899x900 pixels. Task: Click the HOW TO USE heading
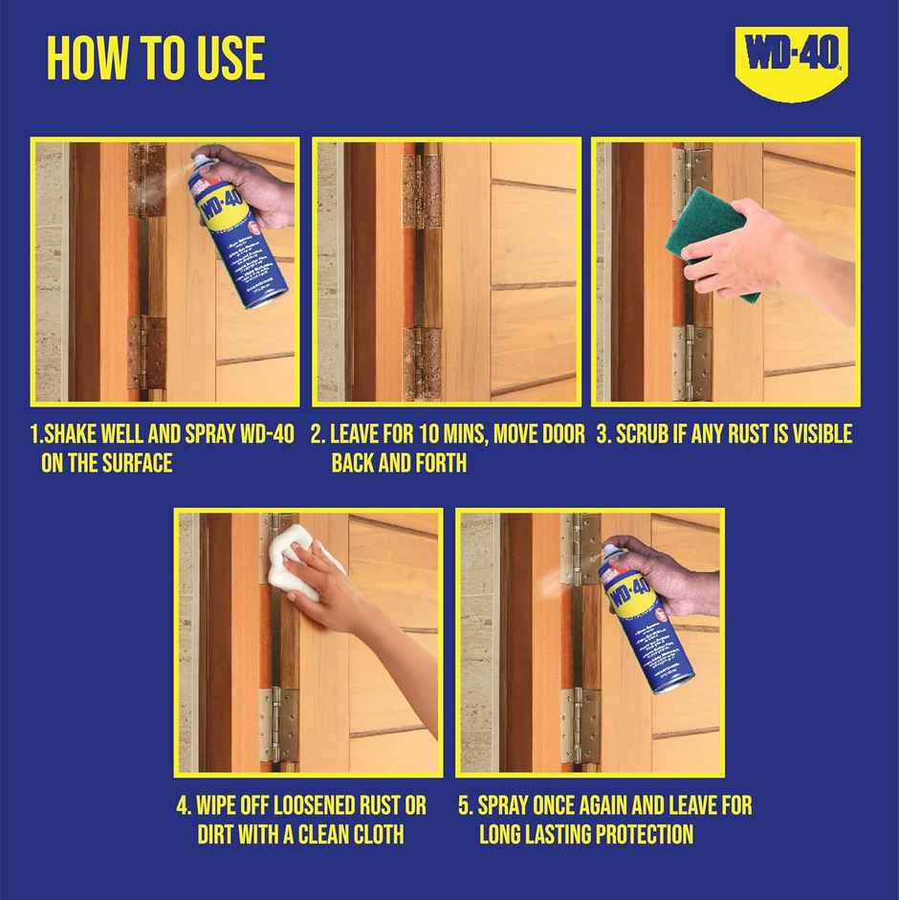[156, 58]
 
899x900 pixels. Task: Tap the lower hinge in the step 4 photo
[278, 723]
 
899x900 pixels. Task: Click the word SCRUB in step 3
[651, 434]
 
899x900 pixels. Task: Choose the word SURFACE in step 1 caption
[138, 463]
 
